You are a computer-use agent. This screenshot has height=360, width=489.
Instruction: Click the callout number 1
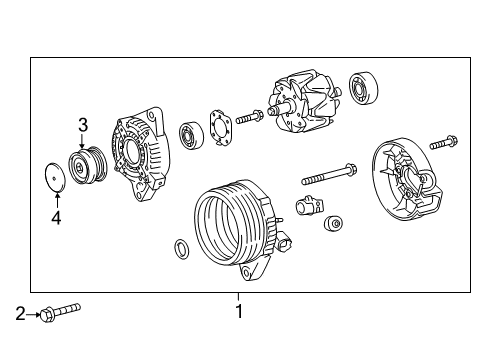(238, 311)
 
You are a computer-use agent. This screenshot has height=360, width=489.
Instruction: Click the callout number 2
(20, 316)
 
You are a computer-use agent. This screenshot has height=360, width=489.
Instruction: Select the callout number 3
(84, 125)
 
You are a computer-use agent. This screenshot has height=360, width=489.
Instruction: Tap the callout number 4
(56, 218)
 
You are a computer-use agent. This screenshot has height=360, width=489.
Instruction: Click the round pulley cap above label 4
(51, 178)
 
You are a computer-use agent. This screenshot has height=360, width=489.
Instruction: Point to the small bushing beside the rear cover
(338, 224)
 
